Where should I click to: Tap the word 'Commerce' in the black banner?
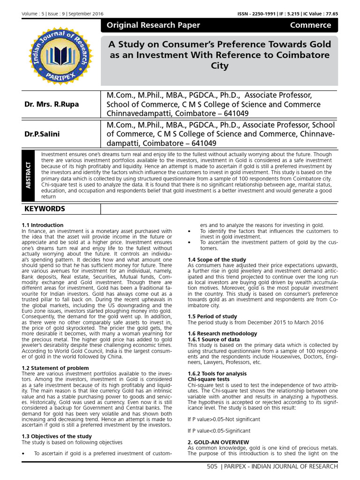310,25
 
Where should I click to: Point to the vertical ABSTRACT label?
30,175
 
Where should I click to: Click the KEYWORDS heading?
45,209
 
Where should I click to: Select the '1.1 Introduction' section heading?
42,225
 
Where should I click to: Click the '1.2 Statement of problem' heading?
55,368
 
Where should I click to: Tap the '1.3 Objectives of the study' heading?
57,436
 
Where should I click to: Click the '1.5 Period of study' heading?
212,316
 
